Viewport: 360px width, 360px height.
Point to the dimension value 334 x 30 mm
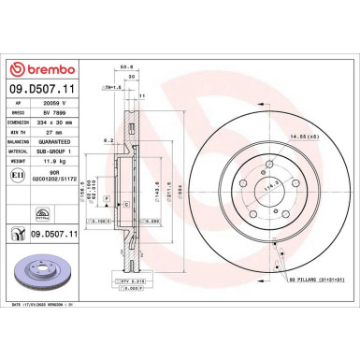click(67, 122)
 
